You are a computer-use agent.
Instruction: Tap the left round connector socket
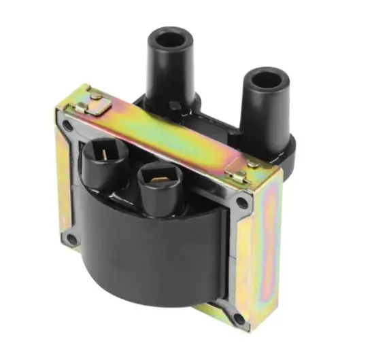click(x=103, y=163)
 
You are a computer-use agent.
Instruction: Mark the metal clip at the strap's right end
click(x=238, y=175)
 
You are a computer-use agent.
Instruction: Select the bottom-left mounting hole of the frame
click(x=71, y=240)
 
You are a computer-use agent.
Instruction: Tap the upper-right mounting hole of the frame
click(x=243, y=204)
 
